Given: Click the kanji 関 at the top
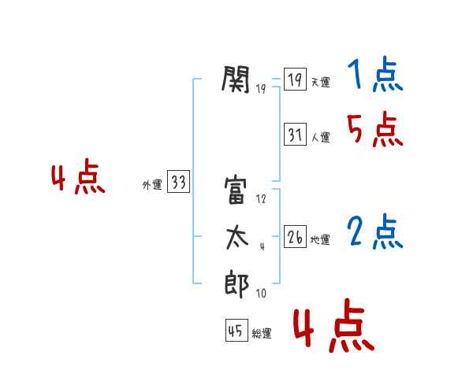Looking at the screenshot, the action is coord(236,79).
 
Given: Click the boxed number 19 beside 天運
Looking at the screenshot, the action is coord(295,80).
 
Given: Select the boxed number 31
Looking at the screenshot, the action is coord(295,135).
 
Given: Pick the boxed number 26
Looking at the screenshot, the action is coord(295,238).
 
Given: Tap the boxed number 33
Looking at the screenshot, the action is coord(178,183).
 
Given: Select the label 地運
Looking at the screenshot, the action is coord(320,240).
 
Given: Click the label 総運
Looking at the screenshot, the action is coord(262,334).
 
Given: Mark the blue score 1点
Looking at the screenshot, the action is coord(374,76).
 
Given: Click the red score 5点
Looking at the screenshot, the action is coord(374,129).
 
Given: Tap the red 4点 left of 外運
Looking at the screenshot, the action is coord(78,179).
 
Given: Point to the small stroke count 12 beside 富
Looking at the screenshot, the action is coord(261,200).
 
